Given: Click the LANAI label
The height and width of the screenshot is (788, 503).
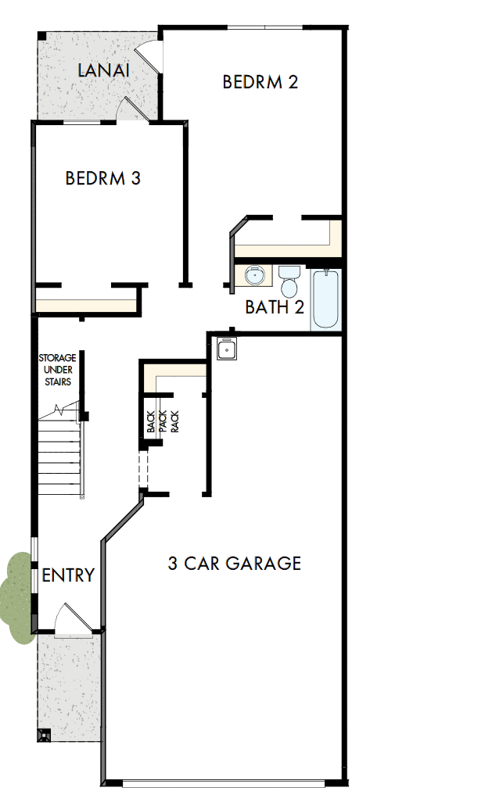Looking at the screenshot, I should pos(103,70).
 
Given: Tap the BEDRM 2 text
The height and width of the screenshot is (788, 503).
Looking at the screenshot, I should pos(260,82).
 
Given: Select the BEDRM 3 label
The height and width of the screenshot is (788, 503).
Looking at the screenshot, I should pos(102,178).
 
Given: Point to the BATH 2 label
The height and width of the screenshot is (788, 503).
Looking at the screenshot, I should pos(274,307).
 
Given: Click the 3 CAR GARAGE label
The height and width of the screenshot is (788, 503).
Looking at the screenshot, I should pos(234,563).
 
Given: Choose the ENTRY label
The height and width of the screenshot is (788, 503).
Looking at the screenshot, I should pos(68,576).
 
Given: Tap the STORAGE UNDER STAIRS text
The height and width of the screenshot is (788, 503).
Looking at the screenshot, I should pos(56,370).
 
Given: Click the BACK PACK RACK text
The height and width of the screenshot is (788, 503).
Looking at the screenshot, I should pos(163,422).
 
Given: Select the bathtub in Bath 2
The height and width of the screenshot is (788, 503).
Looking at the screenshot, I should pos(326,299).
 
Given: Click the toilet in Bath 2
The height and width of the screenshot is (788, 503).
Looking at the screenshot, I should pos(289,279).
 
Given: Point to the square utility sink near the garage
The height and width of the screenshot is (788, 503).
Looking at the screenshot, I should pos(227,349).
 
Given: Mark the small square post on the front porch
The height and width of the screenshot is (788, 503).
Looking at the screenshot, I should pos(44,735).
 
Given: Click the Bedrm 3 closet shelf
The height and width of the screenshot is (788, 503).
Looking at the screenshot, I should pos(86,303).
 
